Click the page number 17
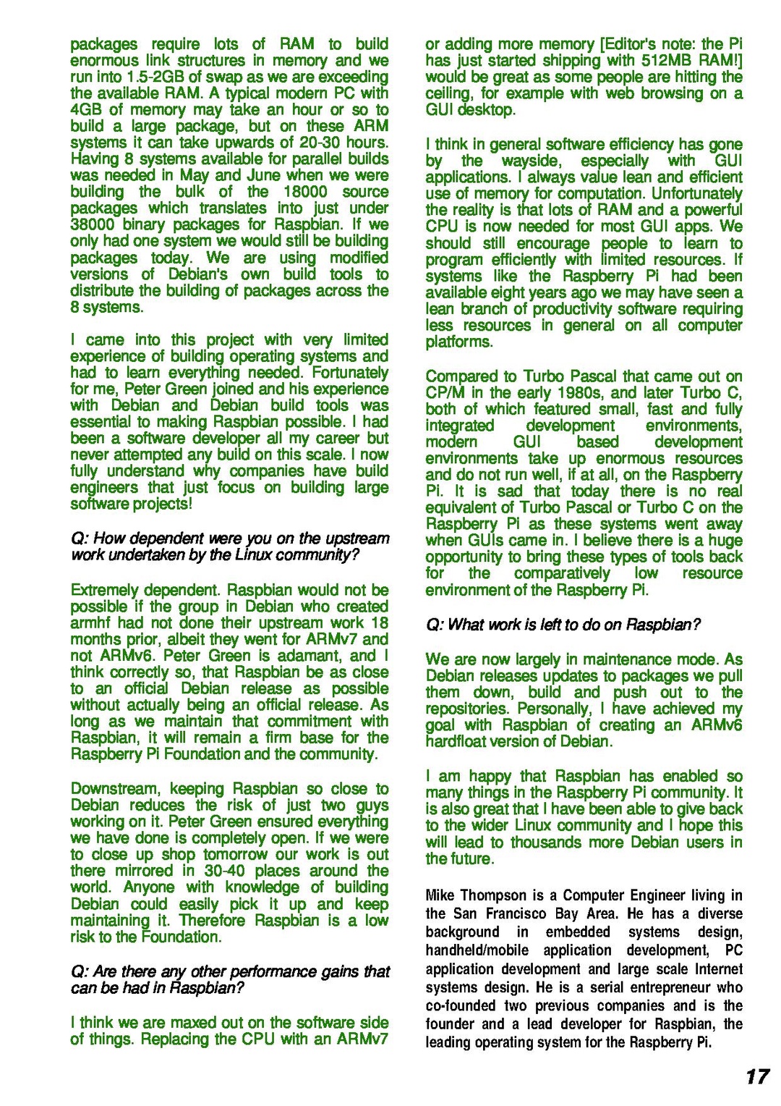pos(757,1076)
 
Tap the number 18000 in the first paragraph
pos(305,192)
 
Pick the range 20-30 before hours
pos(320,143)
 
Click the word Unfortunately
pos(696,194)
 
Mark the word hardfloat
pos(461,742)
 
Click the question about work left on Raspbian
pos(563,625)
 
